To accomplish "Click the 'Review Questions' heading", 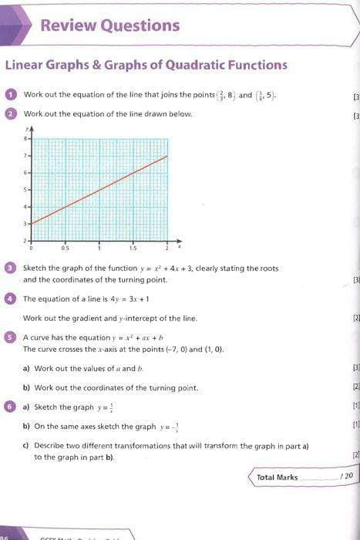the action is point(109,25).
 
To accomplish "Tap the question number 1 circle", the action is point(12,95).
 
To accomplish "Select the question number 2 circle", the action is point(12,114).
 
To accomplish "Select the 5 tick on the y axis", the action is point(26,190).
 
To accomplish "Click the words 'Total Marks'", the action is point(277,477).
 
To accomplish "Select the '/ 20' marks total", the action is point(345,477).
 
